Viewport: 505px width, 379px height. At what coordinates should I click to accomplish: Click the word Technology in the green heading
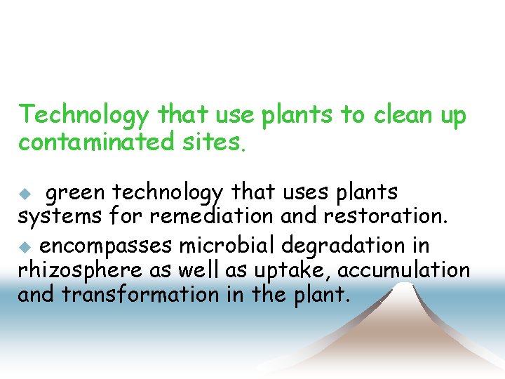(x=85, y=115)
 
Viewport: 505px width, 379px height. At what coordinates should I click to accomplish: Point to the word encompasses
(x=105, y=246)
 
